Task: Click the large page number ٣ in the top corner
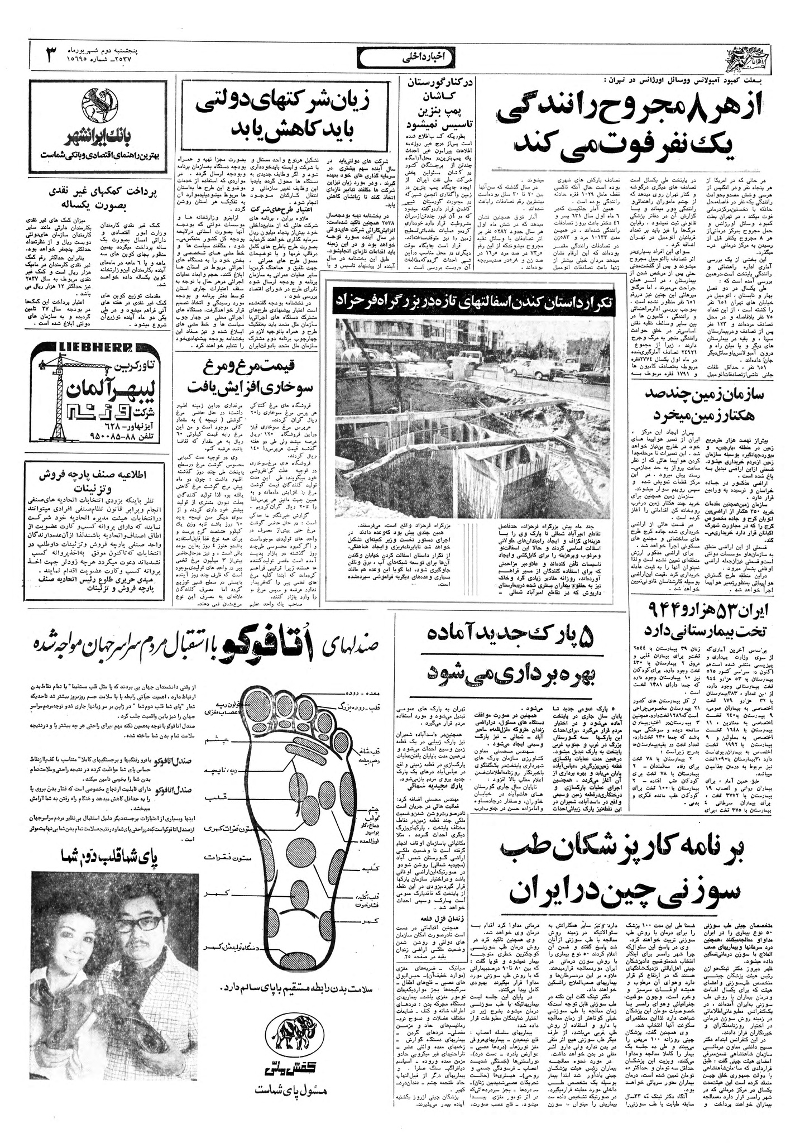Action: pyautogui.click(x=51, y=54)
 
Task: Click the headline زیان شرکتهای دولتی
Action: pyautogui.click(x=285, y=103)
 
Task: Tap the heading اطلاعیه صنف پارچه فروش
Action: pyautogui.click(x=100, y=472)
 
